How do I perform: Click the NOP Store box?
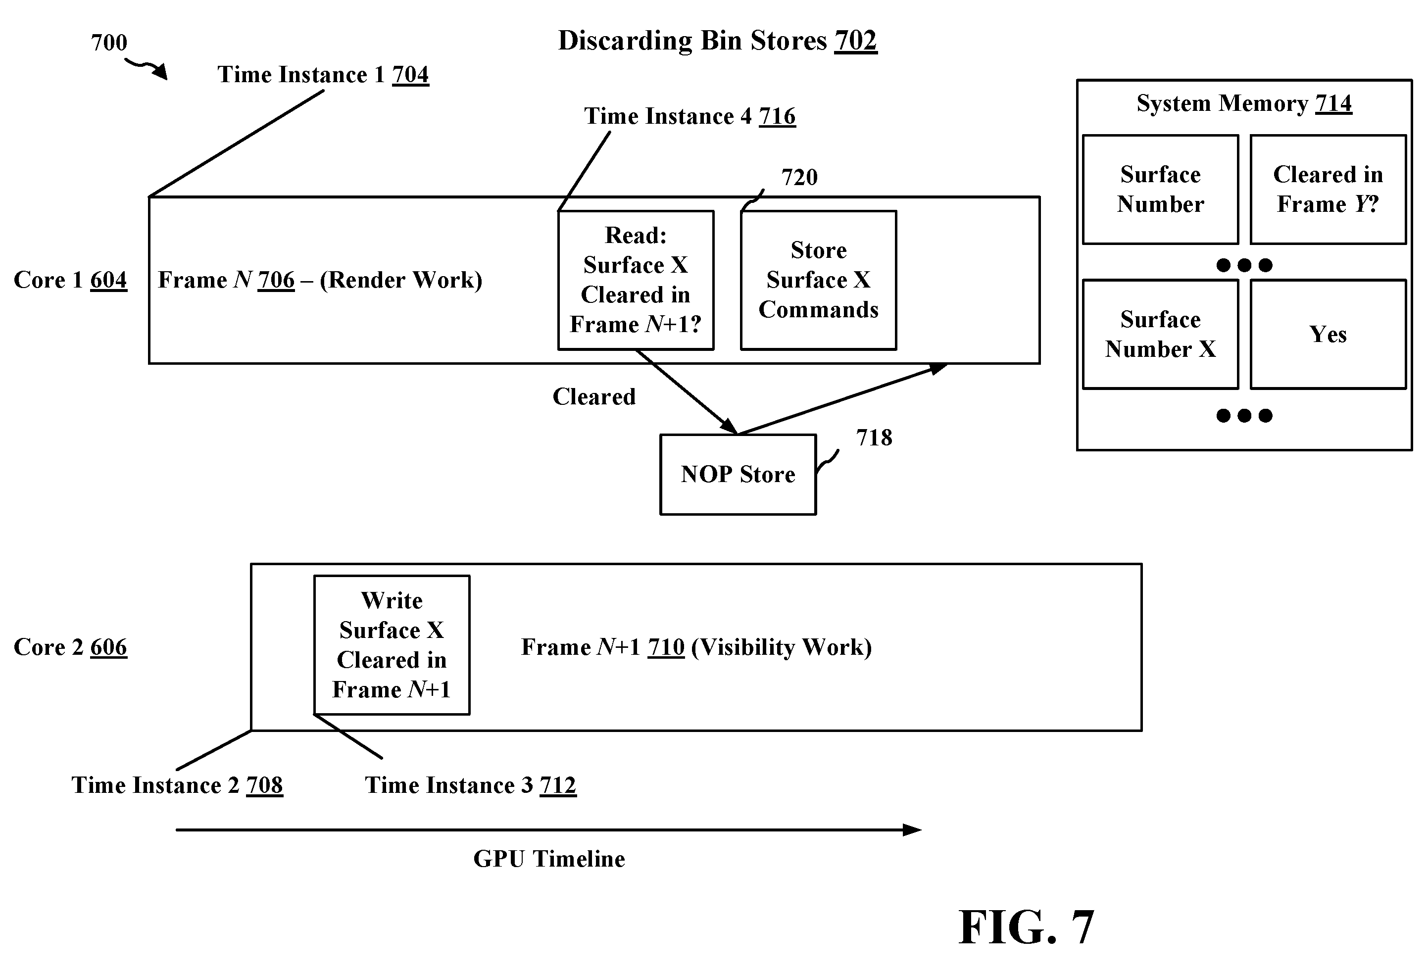tap(738, 475)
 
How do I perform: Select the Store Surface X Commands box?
tap(819, 280)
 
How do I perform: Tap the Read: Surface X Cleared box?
tap(636, 280)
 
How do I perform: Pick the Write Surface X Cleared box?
tap(392, 645)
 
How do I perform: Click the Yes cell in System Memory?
tap(1328, 334)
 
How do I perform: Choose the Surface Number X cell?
tap(1160, 334)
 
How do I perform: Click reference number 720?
tap(799, 178)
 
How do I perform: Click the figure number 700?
tap(109, 43)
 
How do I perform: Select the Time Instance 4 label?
tap(689, 116)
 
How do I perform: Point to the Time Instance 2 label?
tap(177, 785)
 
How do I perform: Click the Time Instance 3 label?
tap(471, 785)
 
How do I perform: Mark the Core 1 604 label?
tap(70, 280)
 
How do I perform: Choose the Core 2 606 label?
tap(70, 647)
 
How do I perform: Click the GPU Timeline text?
tap(549, 859)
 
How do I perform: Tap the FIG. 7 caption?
tap(1026, 927)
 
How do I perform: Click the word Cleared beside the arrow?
tap(594, 397)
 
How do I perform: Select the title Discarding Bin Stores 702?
tap(718, 41)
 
